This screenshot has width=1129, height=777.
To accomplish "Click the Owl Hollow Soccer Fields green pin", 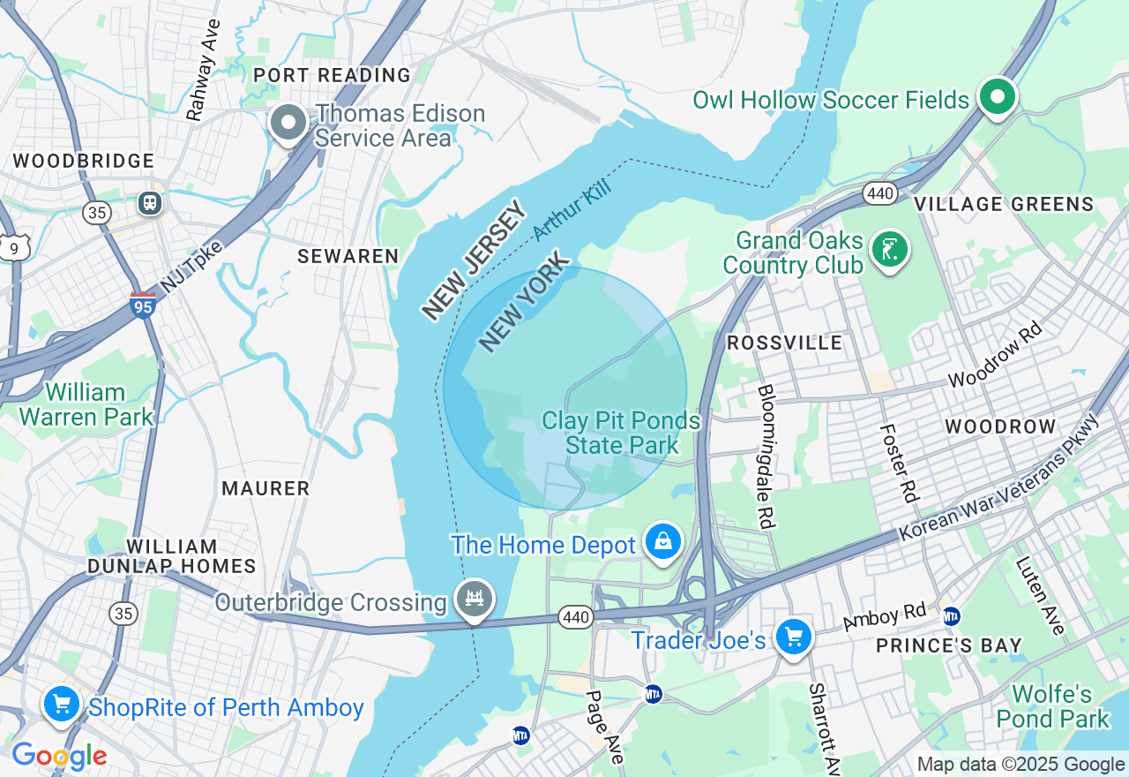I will coord(998,97).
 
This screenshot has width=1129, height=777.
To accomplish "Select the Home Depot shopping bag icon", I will coord(662,541).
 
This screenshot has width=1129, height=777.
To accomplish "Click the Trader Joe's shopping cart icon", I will coord(793,636).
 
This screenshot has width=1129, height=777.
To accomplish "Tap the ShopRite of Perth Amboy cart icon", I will coord(61,705).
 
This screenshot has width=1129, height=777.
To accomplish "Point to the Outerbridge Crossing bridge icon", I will coord(475,599).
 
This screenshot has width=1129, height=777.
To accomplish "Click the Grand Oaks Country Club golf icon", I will coord(889,250).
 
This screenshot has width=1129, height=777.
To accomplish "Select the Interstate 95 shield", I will coord(142,305).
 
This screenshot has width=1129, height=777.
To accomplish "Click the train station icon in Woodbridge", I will coord(150,202).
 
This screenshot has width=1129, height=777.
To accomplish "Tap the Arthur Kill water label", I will coord(571,209).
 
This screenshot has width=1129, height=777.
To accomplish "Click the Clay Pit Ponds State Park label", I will coord(621,433).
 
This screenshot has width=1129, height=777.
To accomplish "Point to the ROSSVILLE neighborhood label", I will coord(784,343).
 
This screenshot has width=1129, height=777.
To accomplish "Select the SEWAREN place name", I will coord(348,256).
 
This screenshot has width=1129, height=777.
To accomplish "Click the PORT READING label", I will coord(332,75).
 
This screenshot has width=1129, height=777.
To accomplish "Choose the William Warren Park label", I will coord(86,404).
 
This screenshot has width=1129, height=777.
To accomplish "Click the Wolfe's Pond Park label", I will coord(1052,706).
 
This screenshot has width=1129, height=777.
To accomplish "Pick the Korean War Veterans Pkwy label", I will coord(1000,478).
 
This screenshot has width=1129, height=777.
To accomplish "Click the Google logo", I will coord(59,757).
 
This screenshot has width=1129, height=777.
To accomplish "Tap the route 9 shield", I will coord(13,249).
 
